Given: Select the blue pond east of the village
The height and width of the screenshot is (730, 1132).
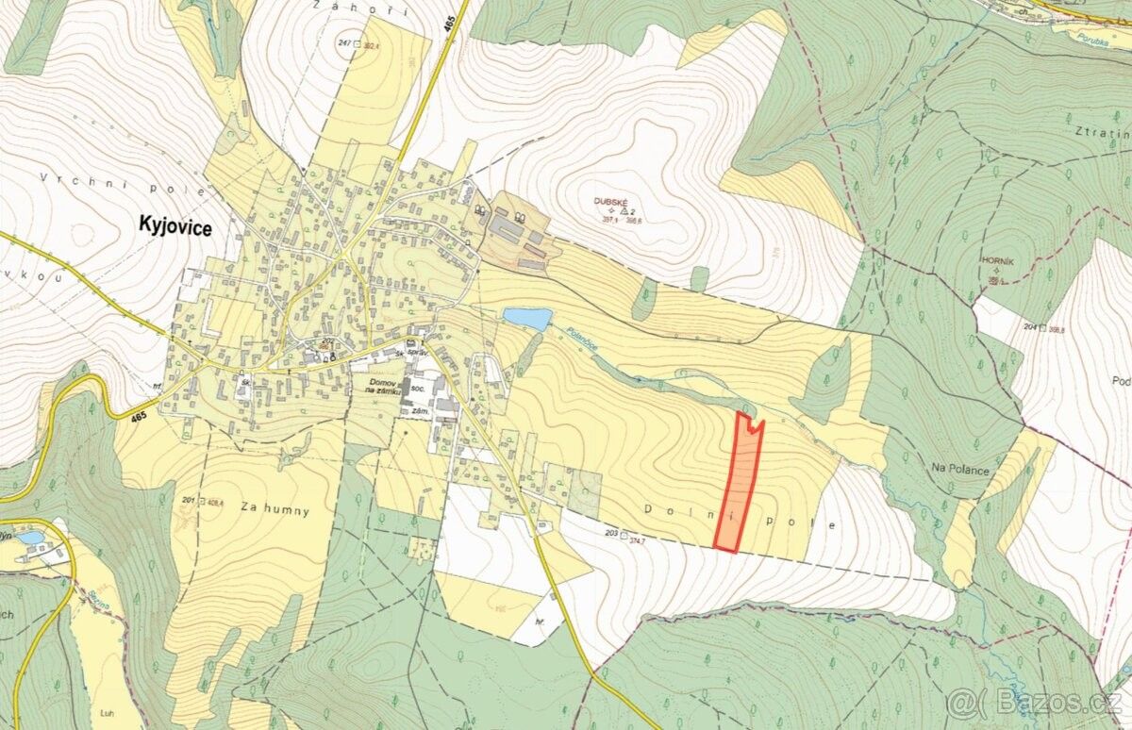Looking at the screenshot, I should click(526, 319).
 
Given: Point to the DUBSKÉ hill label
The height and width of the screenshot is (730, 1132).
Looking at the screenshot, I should click(611, 201).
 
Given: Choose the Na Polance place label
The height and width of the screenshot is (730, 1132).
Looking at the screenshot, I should click(960, 469).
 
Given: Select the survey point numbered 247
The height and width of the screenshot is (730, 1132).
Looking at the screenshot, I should click(343, 44).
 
